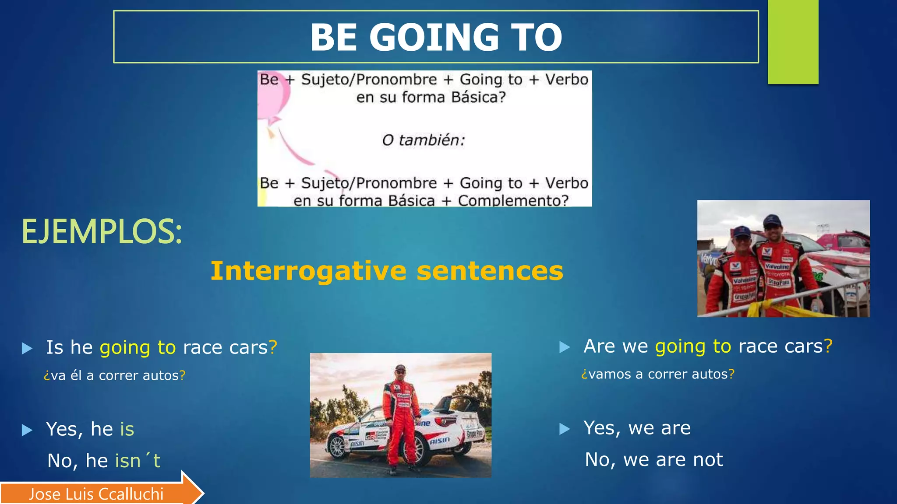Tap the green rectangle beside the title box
(793, 42)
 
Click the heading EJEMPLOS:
(102, 231)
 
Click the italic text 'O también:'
(423, 140)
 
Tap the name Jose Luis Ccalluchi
(96, 494)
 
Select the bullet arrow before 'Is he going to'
(27, 349)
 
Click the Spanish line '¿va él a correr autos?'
(114, 375)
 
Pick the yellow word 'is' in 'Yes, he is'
(127, 429)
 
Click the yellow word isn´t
(138, 461)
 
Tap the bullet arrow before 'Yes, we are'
(565, 429)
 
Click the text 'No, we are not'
(654, 460)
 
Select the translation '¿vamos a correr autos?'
(657, 374)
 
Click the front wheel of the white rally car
(338, 447)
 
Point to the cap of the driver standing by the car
(400, 367)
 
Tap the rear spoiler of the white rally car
(456, 400)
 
